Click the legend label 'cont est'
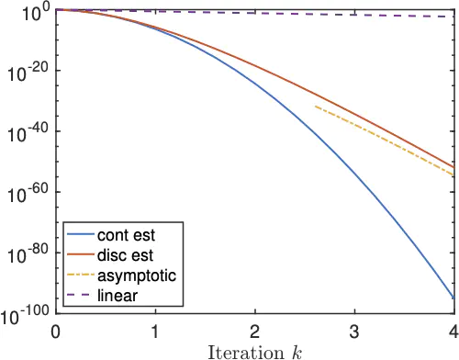(x=126, y=235)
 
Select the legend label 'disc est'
(x=125, y=255)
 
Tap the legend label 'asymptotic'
(x=137, y=276)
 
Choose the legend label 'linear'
(x=118, y=296)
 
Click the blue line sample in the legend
(x=81, y=235)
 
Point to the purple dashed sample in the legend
(x=78, y=295)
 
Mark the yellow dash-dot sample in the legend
(x=81, y=275)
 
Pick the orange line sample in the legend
(x=81, y=254)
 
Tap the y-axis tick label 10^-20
(x=28, y=73)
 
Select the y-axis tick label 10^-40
(x=28, y=133)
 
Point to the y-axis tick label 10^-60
(x=28, y=194)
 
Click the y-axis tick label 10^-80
(x=28, y=254)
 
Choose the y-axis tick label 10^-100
(x=25, y=315)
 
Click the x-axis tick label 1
(x=155, y=332)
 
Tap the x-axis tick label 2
(x=254, y=332)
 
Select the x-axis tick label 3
(x=354, y=332)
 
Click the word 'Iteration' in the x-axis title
(x=246, y=353)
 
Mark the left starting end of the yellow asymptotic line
(x=315, y=107)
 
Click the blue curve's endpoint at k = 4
(x=453, y=298)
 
